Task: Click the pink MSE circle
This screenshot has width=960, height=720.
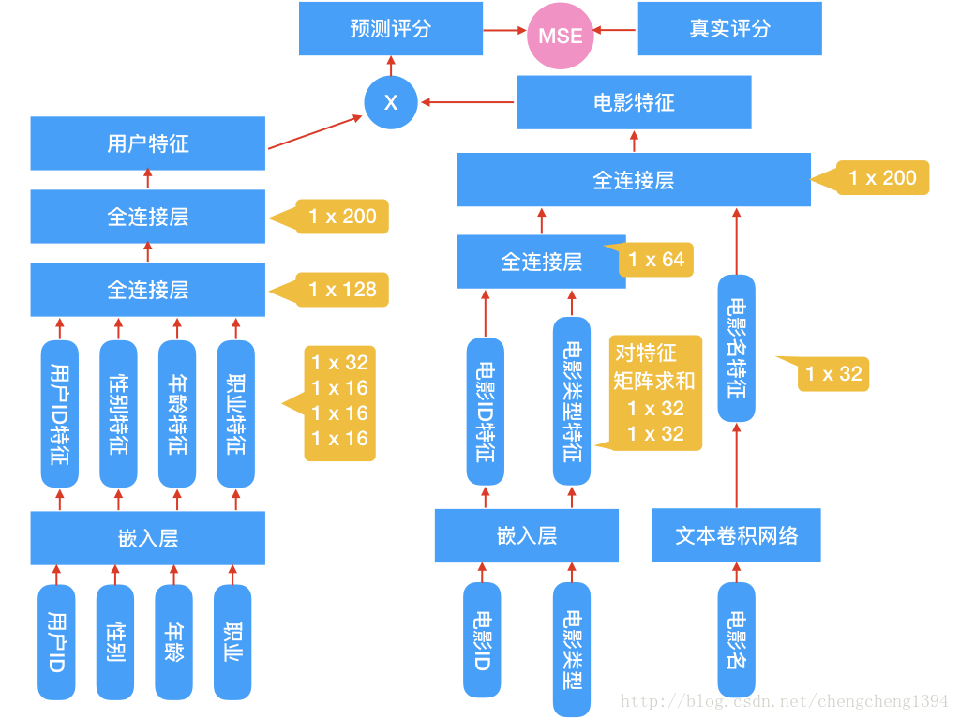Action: (x=561, y=37)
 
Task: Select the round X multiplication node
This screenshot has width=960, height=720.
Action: (x=391, y=102)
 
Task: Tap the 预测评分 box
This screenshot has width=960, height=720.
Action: (x=391, y=28)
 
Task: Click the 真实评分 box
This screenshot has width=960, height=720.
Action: (x=729, y=28)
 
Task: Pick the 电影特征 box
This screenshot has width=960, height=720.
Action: (x=634, y=102)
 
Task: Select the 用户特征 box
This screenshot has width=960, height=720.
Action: (x=147, y=143)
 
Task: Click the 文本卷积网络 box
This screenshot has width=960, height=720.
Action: (x=736, y=535)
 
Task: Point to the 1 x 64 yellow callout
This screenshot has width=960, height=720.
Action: (x=656, y=260)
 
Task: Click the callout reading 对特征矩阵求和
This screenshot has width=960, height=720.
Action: (x=655, y=393)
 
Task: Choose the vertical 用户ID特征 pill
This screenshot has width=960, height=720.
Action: (x=60, y=413)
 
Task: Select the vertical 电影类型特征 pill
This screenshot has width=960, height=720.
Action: (x=572, y=401)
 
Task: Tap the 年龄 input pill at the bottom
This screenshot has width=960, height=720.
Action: (x=173, y=642)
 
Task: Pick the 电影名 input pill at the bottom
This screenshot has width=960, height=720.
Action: (x=737, y=640)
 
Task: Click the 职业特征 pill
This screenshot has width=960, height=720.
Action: (x=235, y=413)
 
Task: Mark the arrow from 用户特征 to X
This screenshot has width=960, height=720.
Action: (x=315, y=132)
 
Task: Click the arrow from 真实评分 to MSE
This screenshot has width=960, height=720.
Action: (x=615, y=29)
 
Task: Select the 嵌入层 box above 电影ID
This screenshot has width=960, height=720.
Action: (x=526, y=535)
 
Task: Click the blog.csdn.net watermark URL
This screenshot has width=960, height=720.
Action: (x=785, y=701)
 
